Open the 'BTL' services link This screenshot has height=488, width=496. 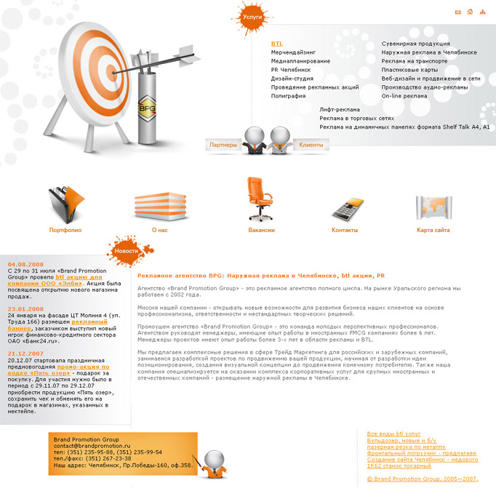click(x=277, y=44)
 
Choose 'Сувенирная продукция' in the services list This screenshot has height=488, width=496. click(x=415, y=44)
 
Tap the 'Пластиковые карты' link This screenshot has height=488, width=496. click(x=409, y=70)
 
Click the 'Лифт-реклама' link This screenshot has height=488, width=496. click(x=339, y=110)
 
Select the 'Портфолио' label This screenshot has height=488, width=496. click(x=65, y=230)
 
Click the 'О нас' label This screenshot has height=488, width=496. click(x=159, y=230)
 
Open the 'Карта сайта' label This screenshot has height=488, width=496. click(x=433, y=230)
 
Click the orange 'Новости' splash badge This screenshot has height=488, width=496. click(x=125, y=250)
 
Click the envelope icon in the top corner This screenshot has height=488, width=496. click(x=457, y=12)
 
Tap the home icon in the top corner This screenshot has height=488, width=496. click(x=470, y=12)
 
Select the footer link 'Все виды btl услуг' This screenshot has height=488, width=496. click(x=393, y=433)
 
